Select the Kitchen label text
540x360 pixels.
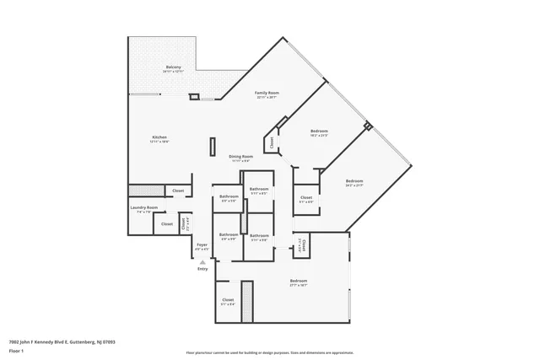(159, 137)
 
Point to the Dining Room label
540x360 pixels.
(241, 156)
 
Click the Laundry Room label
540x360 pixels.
(143, 207)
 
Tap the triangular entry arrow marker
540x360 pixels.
(202, 261)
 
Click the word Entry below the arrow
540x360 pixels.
(202, 269)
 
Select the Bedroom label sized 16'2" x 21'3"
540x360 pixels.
(318, 131)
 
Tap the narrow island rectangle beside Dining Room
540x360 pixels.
(212, 147)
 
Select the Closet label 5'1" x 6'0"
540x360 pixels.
(306, 198)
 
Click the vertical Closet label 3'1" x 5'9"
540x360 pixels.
(302, 246)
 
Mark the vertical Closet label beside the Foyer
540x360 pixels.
(185, 223)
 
